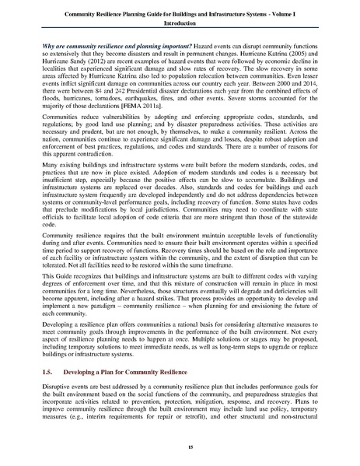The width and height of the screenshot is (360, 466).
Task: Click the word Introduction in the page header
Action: point(180,24)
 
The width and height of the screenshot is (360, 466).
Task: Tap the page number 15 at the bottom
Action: point(180,449)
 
